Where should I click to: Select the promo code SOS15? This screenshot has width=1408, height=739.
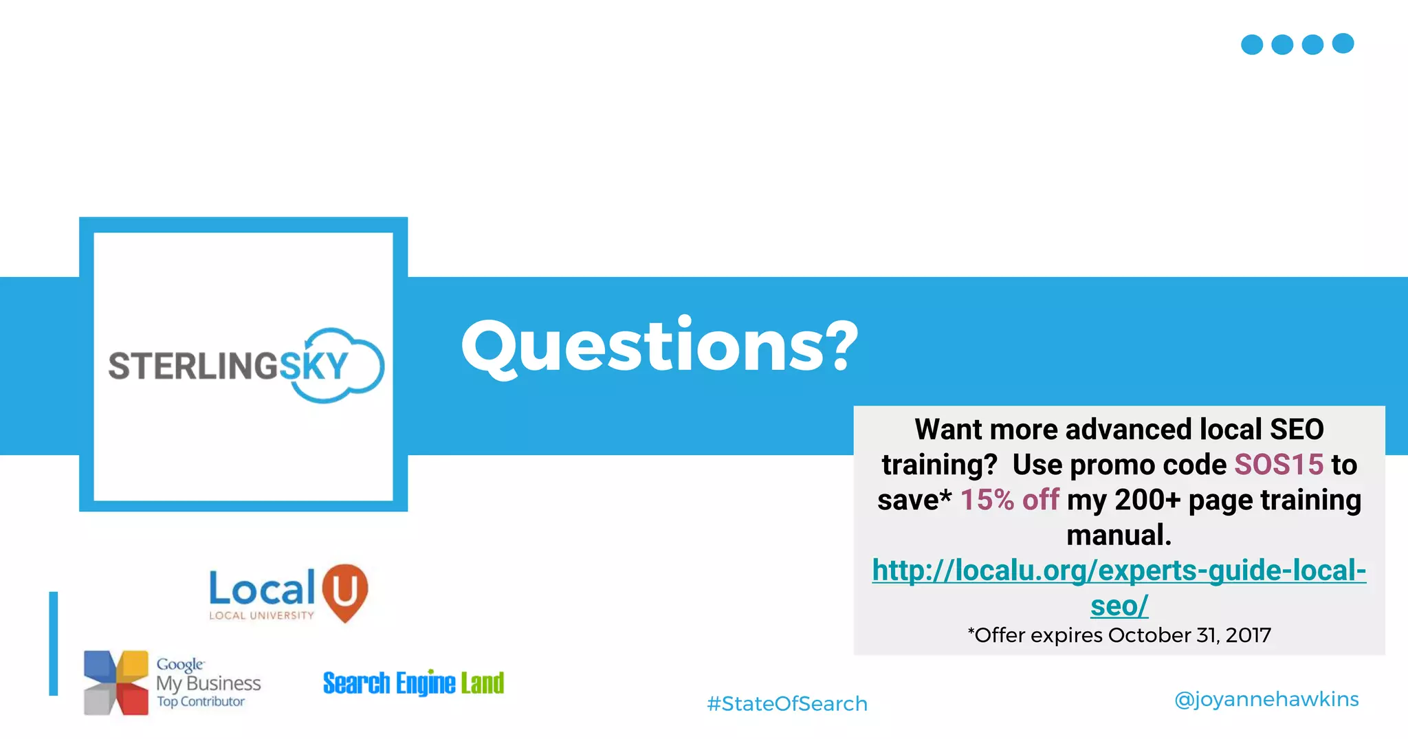[1279, 465]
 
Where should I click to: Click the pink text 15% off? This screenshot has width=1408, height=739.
[1009, 500]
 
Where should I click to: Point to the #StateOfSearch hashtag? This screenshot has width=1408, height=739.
[787, 704]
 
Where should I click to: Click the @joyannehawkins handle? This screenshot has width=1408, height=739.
[1266, 700]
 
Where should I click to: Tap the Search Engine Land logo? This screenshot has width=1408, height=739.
[413, 683]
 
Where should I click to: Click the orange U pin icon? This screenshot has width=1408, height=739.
[345, 591]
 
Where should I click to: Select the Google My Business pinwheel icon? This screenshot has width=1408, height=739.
[115, 683]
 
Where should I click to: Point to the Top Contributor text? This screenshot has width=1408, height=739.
[201, 702]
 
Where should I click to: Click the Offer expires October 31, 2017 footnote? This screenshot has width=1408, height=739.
[1119, 635]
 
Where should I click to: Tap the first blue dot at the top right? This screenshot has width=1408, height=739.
[1252, 45]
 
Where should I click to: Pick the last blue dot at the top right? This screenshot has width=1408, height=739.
[1343, 43]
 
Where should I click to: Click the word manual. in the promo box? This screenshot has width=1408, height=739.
[1119, 536]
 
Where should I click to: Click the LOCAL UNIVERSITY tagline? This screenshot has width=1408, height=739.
[261, 616]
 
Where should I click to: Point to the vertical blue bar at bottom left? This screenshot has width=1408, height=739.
[54, 643]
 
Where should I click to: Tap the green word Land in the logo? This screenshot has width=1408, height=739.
[483, 683]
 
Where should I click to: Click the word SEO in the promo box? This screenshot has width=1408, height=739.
[1297, 430]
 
